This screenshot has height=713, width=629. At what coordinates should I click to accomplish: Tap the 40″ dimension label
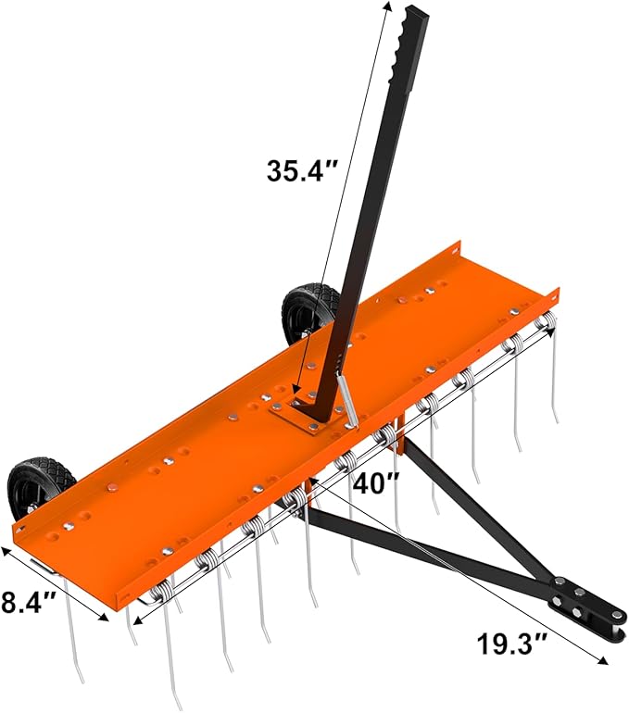point(380,483)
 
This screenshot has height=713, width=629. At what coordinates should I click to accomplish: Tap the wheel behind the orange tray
point(308,314)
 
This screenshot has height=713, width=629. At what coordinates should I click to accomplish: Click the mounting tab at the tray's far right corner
point(553,297)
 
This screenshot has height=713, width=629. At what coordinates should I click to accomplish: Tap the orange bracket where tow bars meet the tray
point(400,443)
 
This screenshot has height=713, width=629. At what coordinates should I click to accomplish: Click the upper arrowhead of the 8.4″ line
point(8,551)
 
